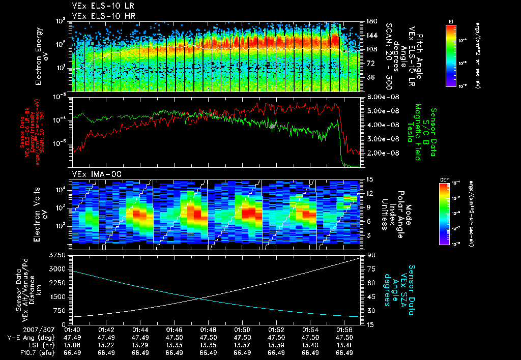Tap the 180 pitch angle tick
[x=370, y=21]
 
